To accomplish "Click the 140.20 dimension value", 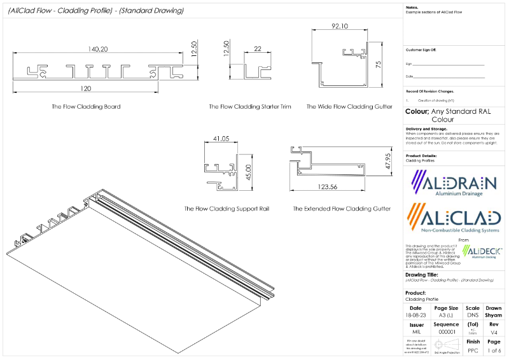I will tap(98, 49).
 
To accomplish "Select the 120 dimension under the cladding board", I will tap(86, 88).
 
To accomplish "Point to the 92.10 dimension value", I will tap(340, 27).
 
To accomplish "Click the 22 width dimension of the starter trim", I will tap(257, 49).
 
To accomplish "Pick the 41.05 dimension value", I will tap(221, 138).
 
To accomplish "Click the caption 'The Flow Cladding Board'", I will tap(86, 107).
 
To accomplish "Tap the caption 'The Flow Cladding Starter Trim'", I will tap(250, 107).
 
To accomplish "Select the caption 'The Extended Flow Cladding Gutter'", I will tap(342, 209).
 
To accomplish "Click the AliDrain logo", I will tap(453, 184).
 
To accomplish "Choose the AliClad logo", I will tap(453, 219).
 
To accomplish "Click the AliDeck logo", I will tap(482, 252).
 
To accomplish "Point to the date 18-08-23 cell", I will tap(415, 315).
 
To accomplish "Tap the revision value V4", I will tap(494, 332).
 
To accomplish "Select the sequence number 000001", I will tap(445, 332).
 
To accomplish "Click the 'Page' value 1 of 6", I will tap(494, 350).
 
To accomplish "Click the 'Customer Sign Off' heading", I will tap(421, 50).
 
